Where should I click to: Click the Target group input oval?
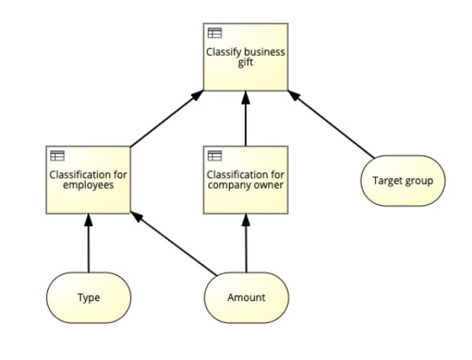403,181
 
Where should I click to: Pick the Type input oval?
88,298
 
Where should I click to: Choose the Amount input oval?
245,298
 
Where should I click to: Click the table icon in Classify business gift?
215,33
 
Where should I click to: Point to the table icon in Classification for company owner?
215,156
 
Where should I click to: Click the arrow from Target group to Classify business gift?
331,123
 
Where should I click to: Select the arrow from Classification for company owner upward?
246,119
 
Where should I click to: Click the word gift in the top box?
245,63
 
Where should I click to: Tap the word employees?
88,186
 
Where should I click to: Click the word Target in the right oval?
387,181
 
